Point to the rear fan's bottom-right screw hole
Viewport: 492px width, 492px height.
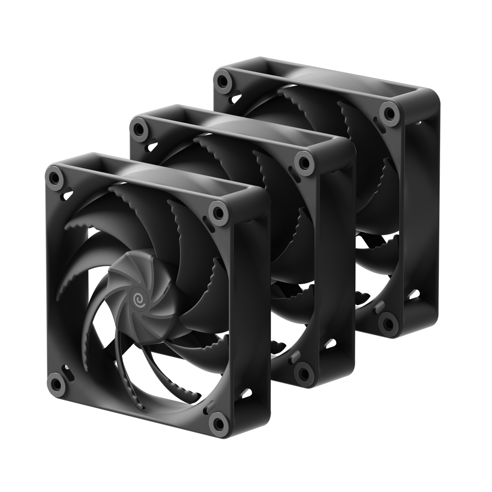pyautogui.click(x=388, y=322)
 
